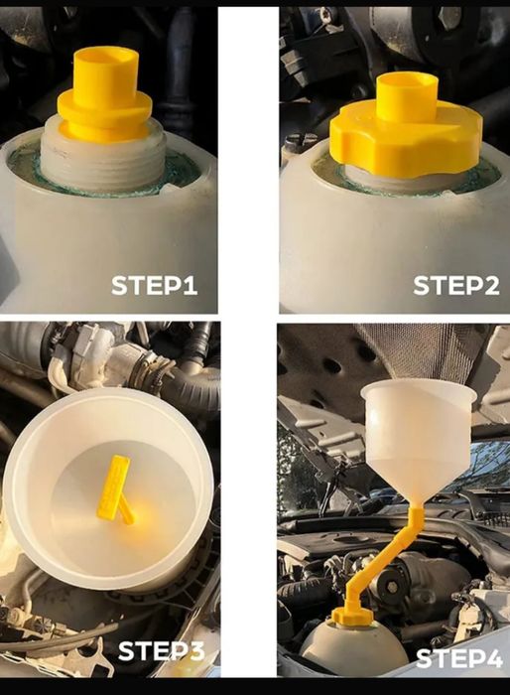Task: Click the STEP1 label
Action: pyautogui.click(x=154, y=285)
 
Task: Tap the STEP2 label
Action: pyautogui.click(x=456, y=285)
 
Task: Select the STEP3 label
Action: pyautogui.click(x=162, y=651)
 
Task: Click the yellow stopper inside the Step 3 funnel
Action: pyautogui.click(x=115, y=488)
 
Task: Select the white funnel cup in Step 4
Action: pyautogui.click(x=419, y=437)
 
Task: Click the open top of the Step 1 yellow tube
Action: pyautogui.click(x=106, y=57)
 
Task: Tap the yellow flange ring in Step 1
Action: pyautogui.click(x=105, y=108)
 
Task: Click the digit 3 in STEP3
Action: pyautogui.click(x=194, y=651)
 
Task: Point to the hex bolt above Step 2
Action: pyautogui.click(x=450, y=18)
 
